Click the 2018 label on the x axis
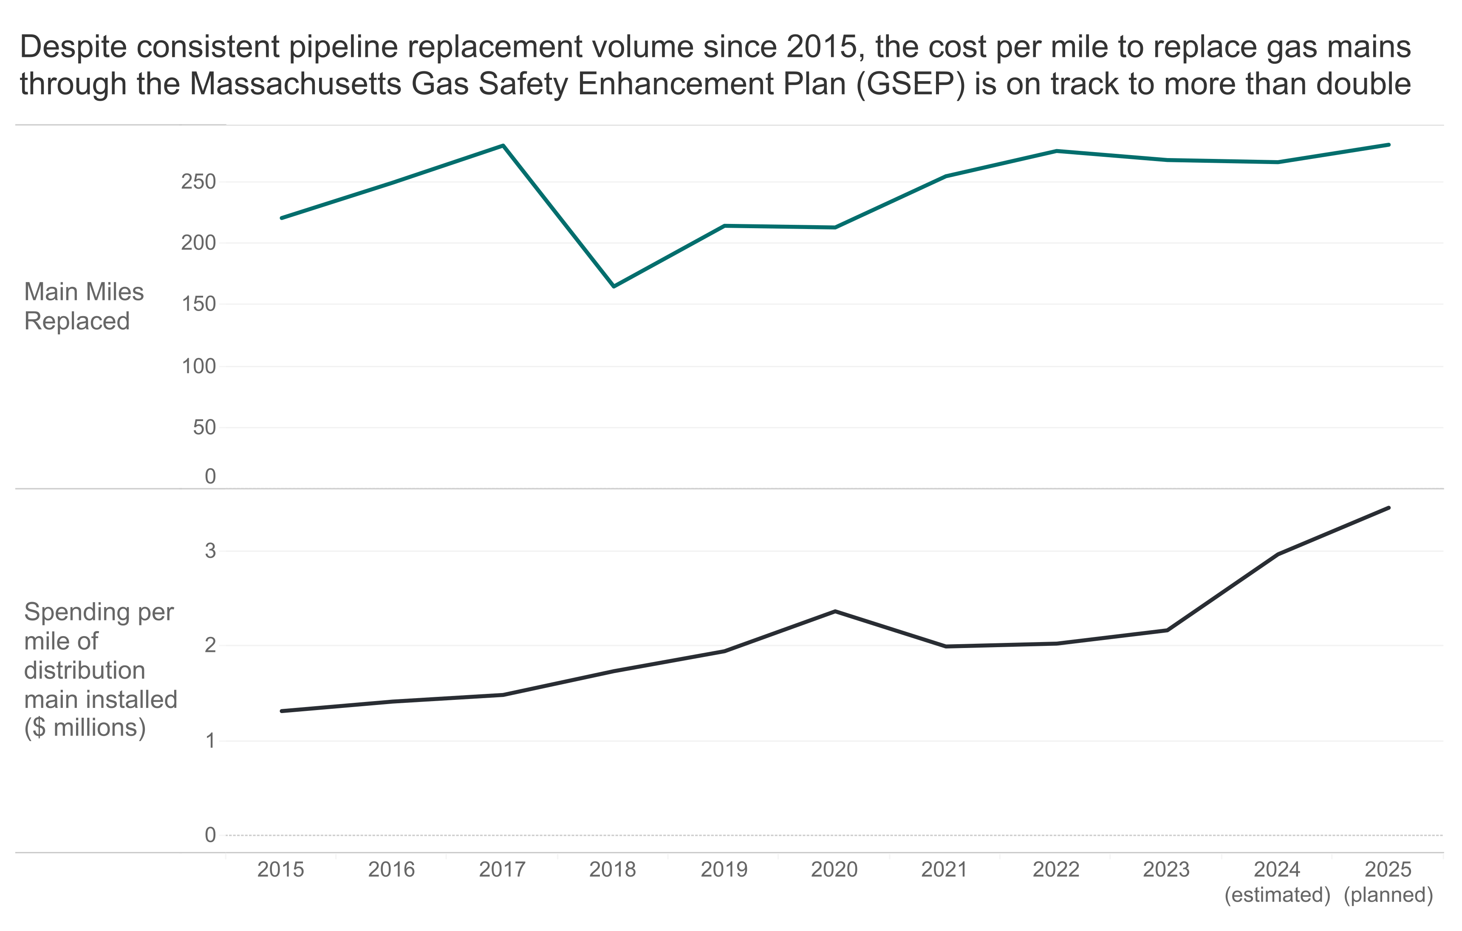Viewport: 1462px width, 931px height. (x=613, y=870)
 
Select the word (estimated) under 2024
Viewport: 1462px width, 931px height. (x=1278, y=895)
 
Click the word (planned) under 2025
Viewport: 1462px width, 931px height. (x=1388, y=895)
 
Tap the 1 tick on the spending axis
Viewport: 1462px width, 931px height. (x=210, y=741)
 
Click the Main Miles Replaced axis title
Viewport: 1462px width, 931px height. (x=84, y=306)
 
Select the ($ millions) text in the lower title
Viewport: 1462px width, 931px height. (x=85, y=727)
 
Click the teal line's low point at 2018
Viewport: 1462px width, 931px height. (x=614, y=286)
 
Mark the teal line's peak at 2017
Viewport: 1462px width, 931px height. (x=503, y=146)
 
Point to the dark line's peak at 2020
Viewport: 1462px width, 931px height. (x=835, y=611)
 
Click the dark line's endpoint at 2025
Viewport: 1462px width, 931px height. (x=1388, y=508)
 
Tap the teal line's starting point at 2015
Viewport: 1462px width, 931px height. (x=282, y=218)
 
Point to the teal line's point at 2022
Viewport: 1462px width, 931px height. (x=1056, y=150)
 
